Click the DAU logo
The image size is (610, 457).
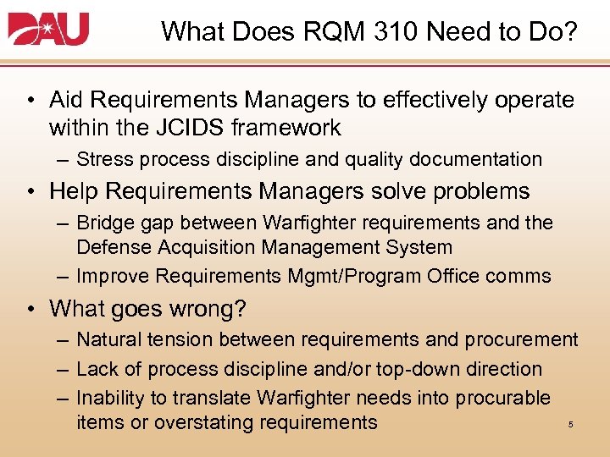point(48,30)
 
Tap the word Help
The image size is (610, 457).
point(74,191)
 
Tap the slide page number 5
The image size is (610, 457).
point(570,425)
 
